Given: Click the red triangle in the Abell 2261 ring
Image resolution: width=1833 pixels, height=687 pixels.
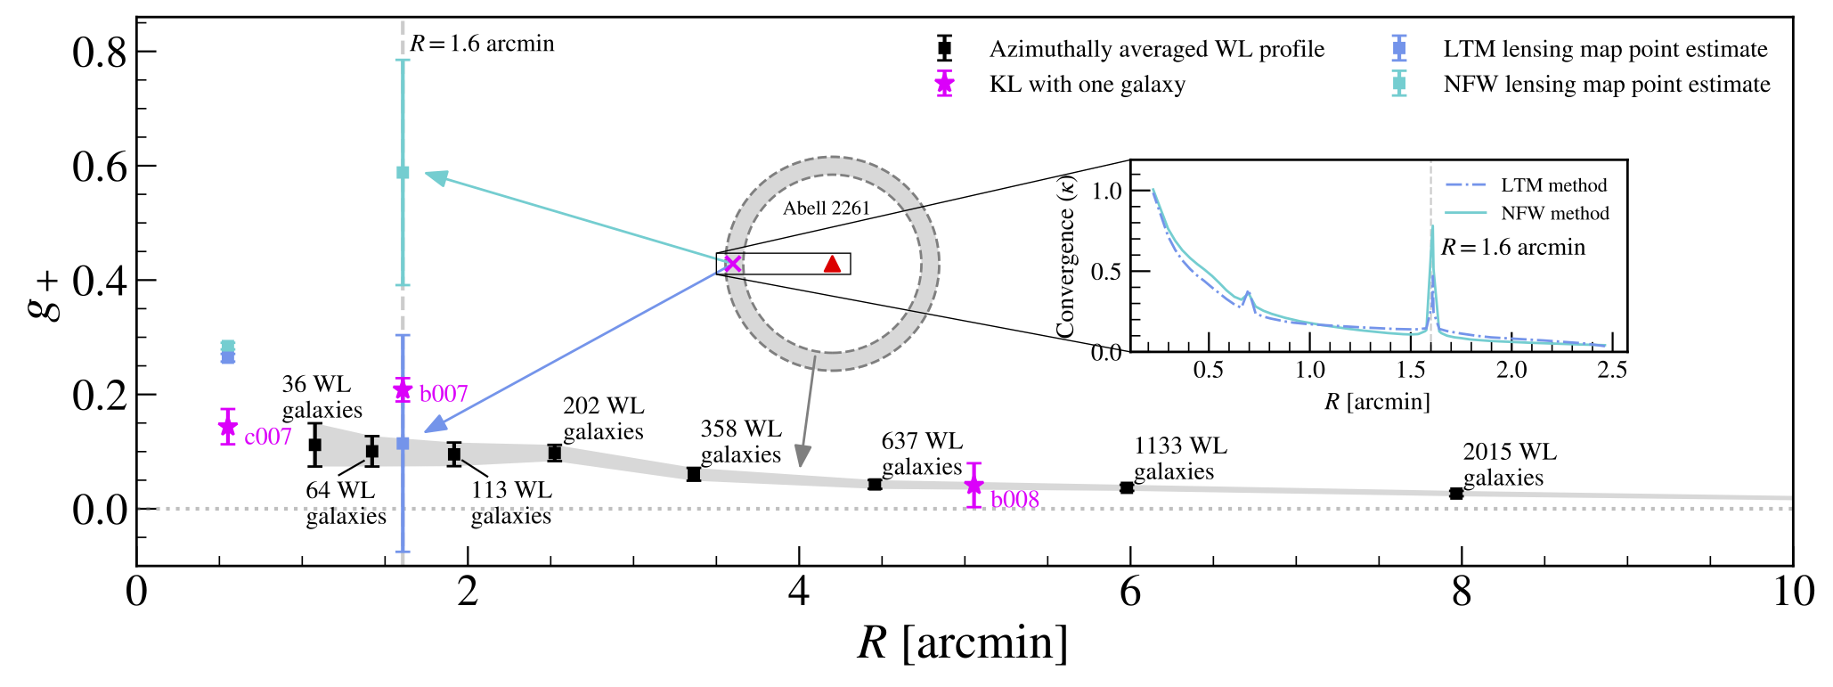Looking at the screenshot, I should click(x=832, y=264).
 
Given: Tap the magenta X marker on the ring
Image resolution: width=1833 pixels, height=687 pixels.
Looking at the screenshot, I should click(x=732, y=264).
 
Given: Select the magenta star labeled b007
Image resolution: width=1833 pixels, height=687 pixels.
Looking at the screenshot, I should click(x=403, y=389).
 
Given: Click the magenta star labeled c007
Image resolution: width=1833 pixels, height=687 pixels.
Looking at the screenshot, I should click(x=228, y=427).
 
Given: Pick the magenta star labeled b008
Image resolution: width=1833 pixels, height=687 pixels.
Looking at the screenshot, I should click(x=974, y=485).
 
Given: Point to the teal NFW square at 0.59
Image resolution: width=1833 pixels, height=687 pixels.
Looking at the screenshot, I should click(x=403, y=172).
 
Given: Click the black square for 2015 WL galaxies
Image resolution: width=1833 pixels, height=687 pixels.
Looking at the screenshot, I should click(x=1455, y=494).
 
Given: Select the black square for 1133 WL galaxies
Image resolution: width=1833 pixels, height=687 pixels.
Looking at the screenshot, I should click(x=1127, y=487).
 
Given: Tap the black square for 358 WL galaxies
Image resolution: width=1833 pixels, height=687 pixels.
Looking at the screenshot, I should click(x=694, y=474).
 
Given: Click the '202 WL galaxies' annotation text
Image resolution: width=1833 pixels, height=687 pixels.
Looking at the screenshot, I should click(x=603, y=419).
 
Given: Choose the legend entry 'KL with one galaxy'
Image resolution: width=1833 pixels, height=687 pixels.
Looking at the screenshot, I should click(x=1087, y=85).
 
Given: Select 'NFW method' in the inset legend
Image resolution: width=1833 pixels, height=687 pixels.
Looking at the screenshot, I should click(x=1555, y=213).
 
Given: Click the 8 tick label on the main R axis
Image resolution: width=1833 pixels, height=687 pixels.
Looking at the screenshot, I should click(x=1462, y=591).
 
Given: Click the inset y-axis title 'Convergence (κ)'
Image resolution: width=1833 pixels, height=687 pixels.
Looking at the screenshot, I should click(x=1065, y=257).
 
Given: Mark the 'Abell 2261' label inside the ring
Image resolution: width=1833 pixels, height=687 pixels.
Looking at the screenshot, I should click(x=826, y=209).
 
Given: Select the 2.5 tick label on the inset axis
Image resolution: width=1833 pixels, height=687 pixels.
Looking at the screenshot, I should click(x=1612, y=370).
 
